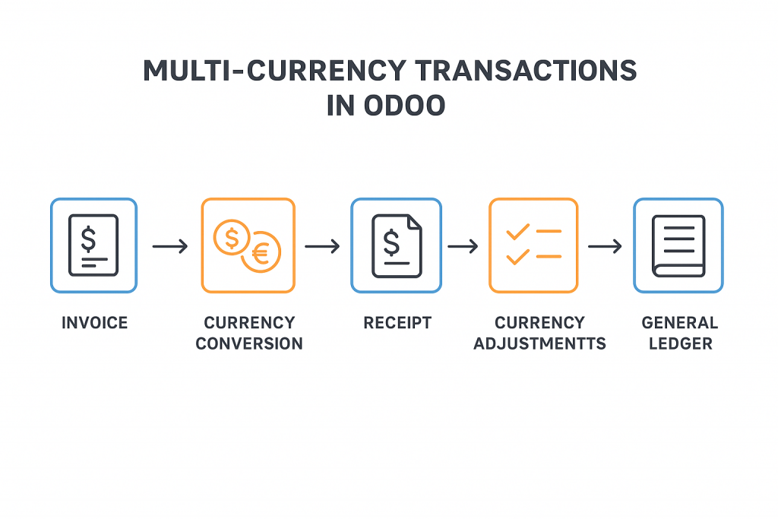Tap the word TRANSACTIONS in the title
pyautogui.click(x=526, y=71)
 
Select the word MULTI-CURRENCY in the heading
pyautogui.click(x=274, y=71)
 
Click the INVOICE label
pyautogui.click(x=95, y=323)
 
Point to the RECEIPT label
pyautogui.click(x=397, y=323)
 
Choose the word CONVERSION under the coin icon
pyautogui.click(x=249, y=343)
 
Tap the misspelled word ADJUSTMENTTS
pyautogui.click(x=540, y=343)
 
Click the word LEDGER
pyautogui.click(x=680, y=343)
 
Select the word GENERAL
pyautogui.click(x=680, y=323)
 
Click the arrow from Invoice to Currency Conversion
pyautogui.click(x=170, y=246)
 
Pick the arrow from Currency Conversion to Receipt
pyautogui.click(x=322, y=246)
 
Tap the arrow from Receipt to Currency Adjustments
pyautogui.click(x=463, y=246)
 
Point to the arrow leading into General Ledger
pyautogui.click(x=605, y=246)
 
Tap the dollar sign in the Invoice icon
pyautogui.click(x=88, y=239)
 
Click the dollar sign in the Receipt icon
pyautogui.click(x=391, y=242)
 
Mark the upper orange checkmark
pyautogui.click(x=517, y=232)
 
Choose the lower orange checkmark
pyautogui.click(x=517, y=257)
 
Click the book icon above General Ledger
pyautogui.click(x=678, y=246)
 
